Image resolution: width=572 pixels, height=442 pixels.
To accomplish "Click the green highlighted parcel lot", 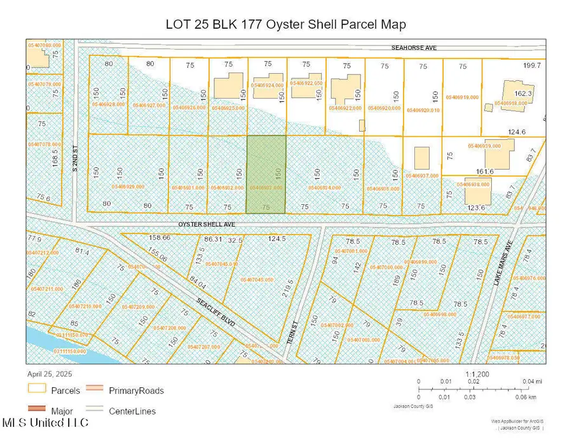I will [x=266, y=174].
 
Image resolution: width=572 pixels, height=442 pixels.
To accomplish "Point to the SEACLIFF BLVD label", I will [x=215, y=313].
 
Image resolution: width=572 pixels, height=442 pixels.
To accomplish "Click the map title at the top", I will [x=285, y=24].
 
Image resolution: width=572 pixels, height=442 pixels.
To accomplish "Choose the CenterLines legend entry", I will [x=130, y=411].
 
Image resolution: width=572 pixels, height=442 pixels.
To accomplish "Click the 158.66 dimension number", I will [x=158, y=237].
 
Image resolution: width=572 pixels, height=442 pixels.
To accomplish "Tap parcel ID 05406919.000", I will [x=462, y=97].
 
